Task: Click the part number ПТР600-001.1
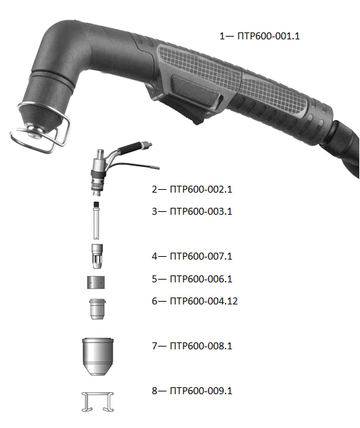click(x=268, y=36)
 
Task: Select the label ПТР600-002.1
click(x=201, y=189)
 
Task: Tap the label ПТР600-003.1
click(x=201, y=211)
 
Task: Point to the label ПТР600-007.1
click(x=201, y=256)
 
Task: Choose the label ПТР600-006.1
click(x=201, y=279)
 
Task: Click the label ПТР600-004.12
click(x=203, y=301)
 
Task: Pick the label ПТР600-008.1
click(x=201, y=346)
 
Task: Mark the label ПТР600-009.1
click(x=201, y=391)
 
